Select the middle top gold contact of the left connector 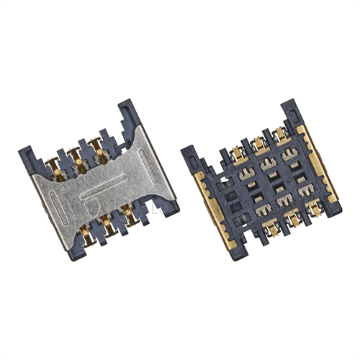click(73, 156)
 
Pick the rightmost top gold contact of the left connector click(94, 146)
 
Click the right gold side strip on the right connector click(317, 166)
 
